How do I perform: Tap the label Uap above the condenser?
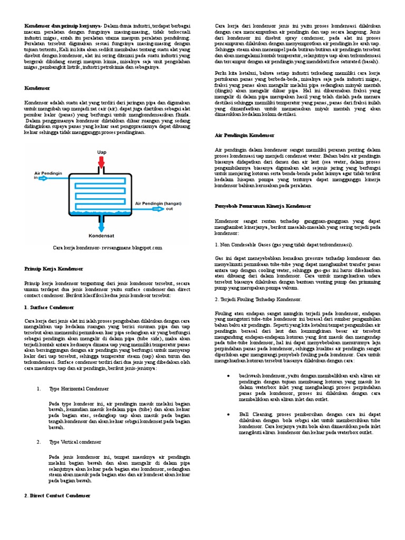pyautogui.click(x=101, y=152)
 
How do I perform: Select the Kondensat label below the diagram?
pyautogui.click(x=101, y=236)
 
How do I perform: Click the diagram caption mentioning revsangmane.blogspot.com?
pyautogui.click(x=108, y=247)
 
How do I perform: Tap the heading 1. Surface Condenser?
pyautogui.click(x=49, y=307)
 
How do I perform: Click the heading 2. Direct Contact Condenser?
pyautogui.click(x=57, y=496)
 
